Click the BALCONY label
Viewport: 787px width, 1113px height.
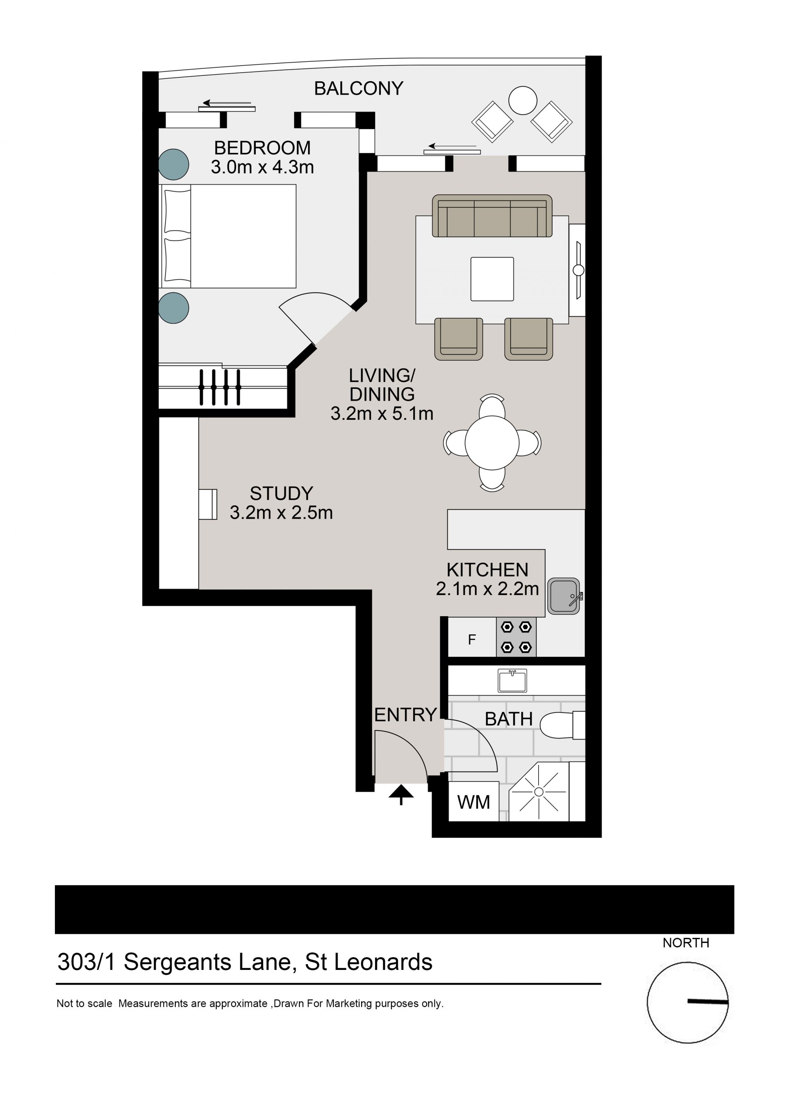click(359, 88)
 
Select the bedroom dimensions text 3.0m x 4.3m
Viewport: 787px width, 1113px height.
click(262, 167)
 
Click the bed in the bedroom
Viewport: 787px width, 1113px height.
click(227, 236)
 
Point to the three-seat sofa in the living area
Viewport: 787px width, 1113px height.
click(492, 216)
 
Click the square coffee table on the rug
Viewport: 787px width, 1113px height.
click(492, 279)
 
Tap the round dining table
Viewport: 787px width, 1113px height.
click(492, 443)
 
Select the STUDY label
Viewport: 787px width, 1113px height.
click(282, 494)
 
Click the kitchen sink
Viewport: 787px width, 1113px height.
click(564, 596)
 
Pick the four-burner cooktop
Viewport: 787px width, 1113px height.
click(516, 637)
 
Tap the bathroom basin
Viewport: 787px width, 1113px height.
click(512, 681)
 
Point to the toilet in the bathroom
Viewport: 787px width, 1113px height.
click(562, 725)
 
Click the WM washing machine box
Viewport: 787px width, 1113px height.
click(473, 802)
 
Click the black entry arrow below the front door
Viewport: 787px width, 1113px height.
click(401, 795)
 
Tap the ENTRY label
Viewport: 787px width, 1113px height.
click(406, 715)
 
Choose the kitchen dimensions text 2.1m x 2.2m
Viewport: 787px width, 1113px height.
click(487, 589)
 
